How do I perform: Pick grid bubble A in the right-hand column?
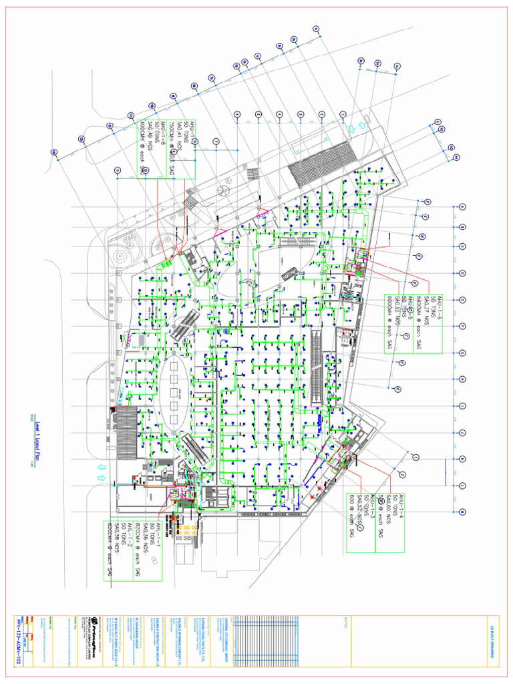point(462,512)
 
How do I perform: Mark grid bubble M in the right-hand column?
point(462,206)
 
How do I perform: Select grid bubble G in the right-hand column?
point(462,353)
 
